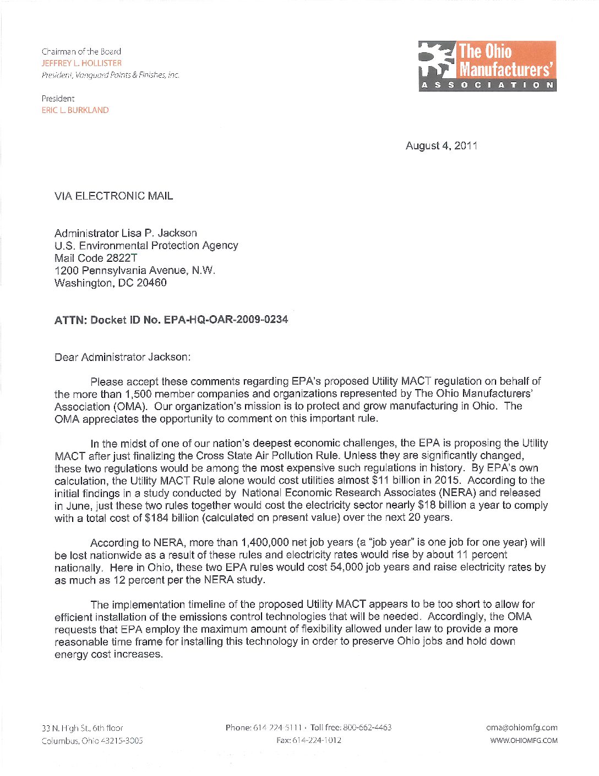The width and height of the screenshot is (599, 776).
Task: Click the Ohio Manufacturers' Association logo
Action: [x=487, y=66]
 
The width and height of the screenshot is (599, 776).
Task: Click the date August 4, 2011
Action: [x=442, y=146]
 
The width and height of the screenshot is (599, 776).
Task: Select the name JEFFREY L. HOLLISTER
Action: [x=81, y=63]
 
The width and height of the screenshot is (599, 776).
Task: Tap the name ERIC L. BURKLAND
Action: [x=75, y=110]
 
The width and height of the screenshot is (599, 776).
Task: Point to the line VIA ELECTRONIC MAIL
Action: [x=113, y=196]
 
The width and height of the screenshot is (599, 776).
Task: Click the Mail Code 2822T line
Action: [x=96, y=258]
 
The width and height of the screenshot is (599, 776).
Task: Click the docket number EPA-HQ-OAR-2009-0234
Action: [x=226, y=320]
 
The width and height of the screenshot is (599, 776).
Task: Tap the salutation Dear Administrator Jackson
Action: [x=122, y=357]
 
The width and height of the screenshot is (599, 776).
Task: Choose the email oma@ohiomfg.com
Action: [x=521, y=727]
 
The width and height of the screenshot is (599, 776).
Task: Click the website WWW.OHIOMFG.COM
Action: [x=524, y=741]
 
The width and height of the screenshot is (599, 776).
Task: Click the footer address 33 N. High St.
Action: [x=82, y=728]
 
